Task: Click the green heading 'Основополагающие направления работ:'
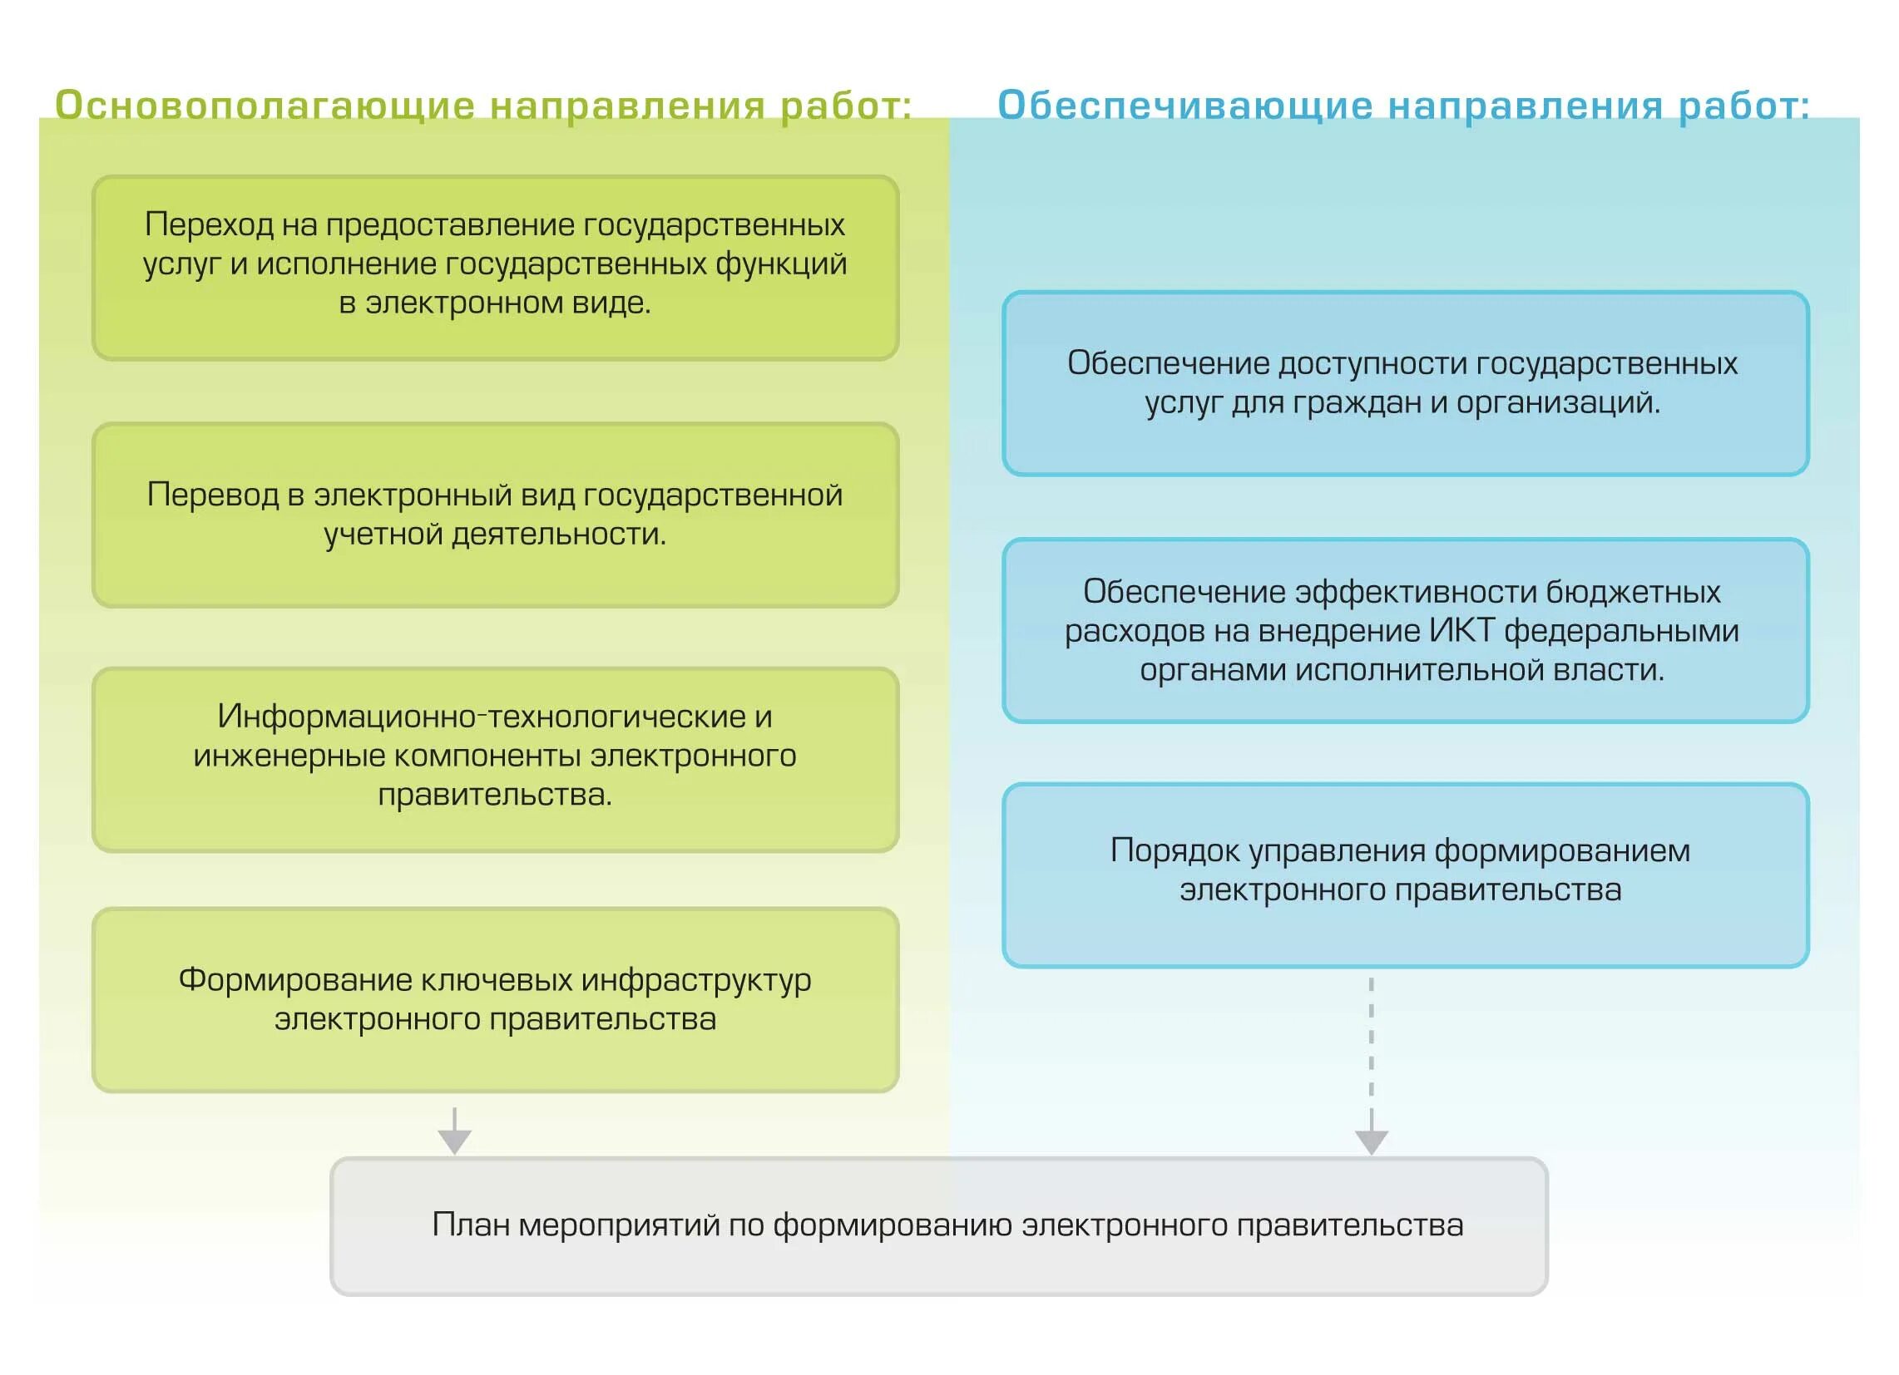[x=483, y=106]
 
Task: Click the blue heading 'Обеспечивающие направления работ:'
[x=1403, y=106]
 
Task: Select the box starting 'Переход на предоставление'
[x=496, y=268]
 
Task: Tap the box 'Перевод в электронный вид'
[x=496, y=515]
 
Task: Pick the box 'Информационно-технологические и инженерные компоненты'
[x=496, y=759]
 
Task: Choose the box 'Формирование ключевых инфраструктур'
[x=496, y=1000]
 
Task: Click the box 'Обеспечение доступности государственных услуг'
[x=1406, y=383]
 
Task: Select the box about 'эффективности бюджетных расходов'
[x=1406, y=630]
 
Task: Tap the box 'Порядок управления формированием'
[x=1406, y=875]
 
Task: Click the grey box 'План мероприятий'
[x=938, y=1227]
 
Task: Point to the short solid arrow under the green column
[x=455, y=1131]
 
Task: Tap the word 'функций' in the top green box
[x=781, y=264]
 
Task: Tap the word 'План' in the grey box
[x=471, y=1225]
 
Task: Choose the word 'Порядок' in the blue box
[x=1175, y=850]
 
